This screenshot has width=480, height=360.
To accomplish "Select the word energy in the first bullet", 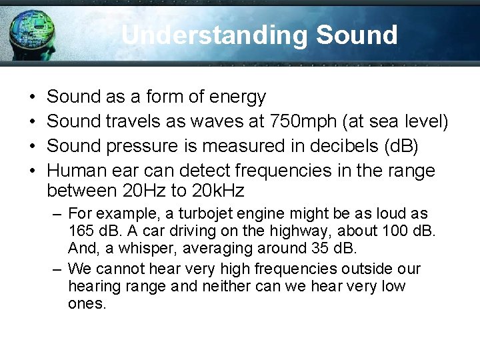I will [237, 97].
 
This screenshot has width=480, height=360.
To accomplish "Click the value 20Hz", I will [145, 192].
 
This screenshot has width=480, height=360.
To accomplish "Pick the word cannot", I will [118, 269].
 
